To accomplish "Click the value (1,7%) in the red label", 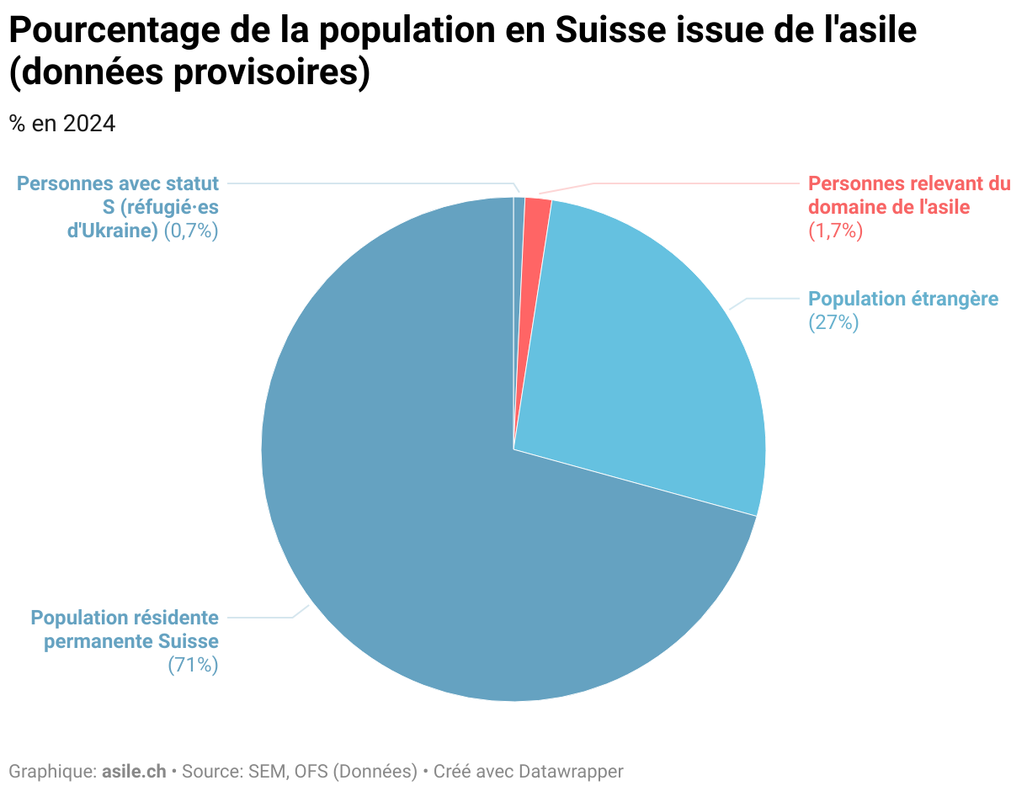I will (x=836, y=231).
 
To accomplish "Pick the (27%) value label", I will (x=833, y=322).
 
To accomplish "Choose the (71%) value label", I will (x=194, y=665).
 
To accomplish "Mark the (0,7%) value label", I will (x=191, y=231).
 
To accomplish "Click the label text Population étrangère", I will (x=903, y=299).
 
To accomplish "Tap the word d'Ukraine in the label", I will (x=113, y=231).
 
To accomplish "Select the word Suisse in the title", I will (x=608, y=30).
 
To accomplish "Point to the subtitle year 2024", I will (x=89, y=124).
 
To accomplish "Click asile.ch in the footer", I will (x=134, y=771).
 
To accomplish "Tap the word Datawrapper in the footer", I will (x=571, y=771).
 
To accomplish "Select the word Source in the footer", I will (x=211, y=771).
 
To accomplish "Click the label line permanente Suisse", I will (x=131, y=641).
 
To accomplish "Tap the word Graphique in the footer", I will (x=51, y=771).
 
